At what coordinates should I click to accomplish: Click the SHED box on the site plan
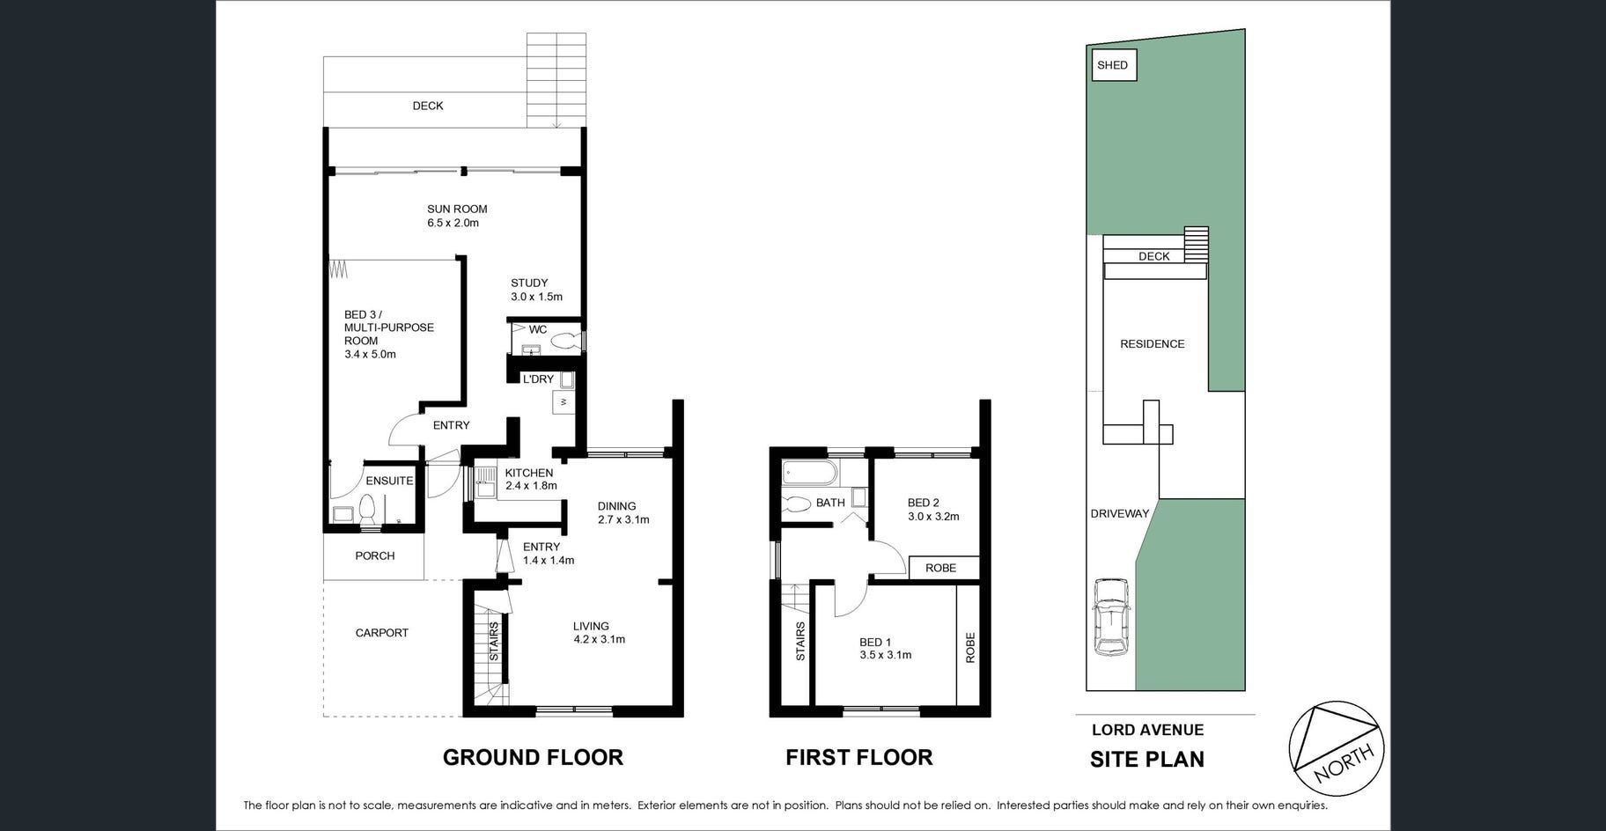coord(1113,65)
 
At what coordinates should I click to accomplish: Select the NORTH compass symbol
coord(1336,749)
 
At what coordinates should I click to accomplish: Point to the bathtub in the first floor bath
coord(807,473)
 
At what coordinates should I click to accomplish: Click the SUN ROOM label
coord(457,209)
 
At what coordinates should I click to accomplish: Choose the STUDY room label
coord(529,283)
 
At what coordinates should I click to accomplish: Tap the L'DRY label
coord(538,379)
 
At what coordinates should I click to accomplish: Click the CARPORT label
coord(382,633)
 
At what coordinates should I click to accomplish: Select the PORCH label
coord(375,555)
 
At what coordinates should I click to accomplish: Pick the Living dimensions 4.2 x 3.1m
coord(599,640)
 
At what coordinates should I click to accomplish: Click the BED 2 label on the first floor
coord(923,503)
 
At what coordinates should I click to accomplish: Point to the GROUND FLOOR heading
coord(533,757)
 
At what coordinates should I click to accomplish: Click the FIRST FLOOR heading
coord(858,757)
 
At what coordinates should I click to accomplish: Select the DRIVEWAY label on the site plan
coord(1119,514)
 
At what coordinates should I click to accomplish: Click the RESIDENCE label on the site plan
coord(1152,344)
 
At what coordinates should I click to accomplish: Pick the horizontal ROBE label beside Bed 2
coord(940,568)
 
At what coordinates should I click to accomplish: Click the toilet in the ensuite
coord(368,509)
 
